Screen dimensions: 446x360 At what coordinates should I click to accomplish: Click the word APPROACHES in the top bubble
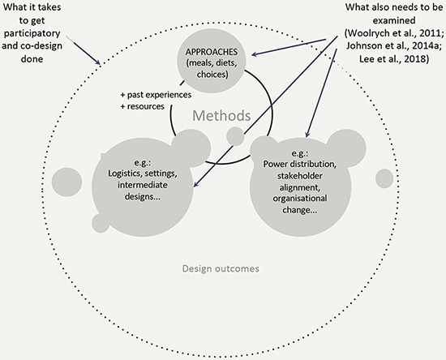click(212, 52)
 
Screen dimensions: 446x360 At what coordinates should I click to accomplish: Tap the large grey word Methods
click(221, 116)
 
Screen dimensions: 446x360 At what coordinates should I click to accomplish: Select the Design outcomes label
click(221, 268)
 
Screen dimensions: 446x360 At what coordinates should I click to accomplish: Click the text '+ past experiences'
click(156, 95)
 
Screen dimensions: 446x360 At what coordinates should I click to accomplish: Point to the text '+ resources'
click(142, 106)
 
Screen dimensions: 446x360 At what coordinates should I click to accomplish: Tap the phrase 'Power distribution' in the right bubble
click(299, 164)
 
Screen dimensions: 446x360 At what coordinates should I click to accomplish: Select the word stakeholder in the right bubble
click(300, 176)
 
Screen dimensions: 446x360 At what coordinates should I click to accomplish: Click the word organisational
click(300, 198)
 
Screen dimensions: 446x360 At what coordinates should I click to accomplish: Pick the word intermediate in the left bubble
click(143, 185)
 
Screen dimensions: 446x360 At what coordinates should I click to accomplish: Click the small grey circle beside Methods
click(235, 136)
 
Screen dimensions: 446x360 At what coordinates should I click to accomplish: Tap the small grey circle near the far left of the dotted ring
click(66, 182)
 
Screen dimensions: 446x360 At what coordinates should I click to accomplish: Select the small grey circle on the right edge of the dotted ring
click(384, 179)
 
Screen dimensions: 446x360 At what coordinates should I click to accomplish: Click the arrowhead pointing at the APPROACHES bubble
click(254, 54)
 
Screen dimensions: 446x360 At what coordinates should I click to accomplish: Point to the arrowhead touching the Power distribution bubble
click(307, 135)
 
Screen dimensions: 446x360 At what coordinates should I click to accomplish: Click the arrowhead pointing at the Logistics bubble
click(196, 184)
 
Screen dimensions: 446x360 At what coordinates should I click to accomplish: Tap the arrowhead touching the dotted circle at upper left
click(98, 61)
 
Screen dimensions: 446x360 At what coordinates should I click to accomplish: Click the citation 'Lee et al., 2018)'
click(394, 59)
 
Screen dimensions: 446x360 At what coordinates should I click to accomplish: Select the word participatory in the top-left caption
click(32, 33)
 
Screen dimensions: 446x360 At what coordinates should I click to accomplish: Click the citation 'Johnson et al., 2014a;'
click(394, 45)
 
